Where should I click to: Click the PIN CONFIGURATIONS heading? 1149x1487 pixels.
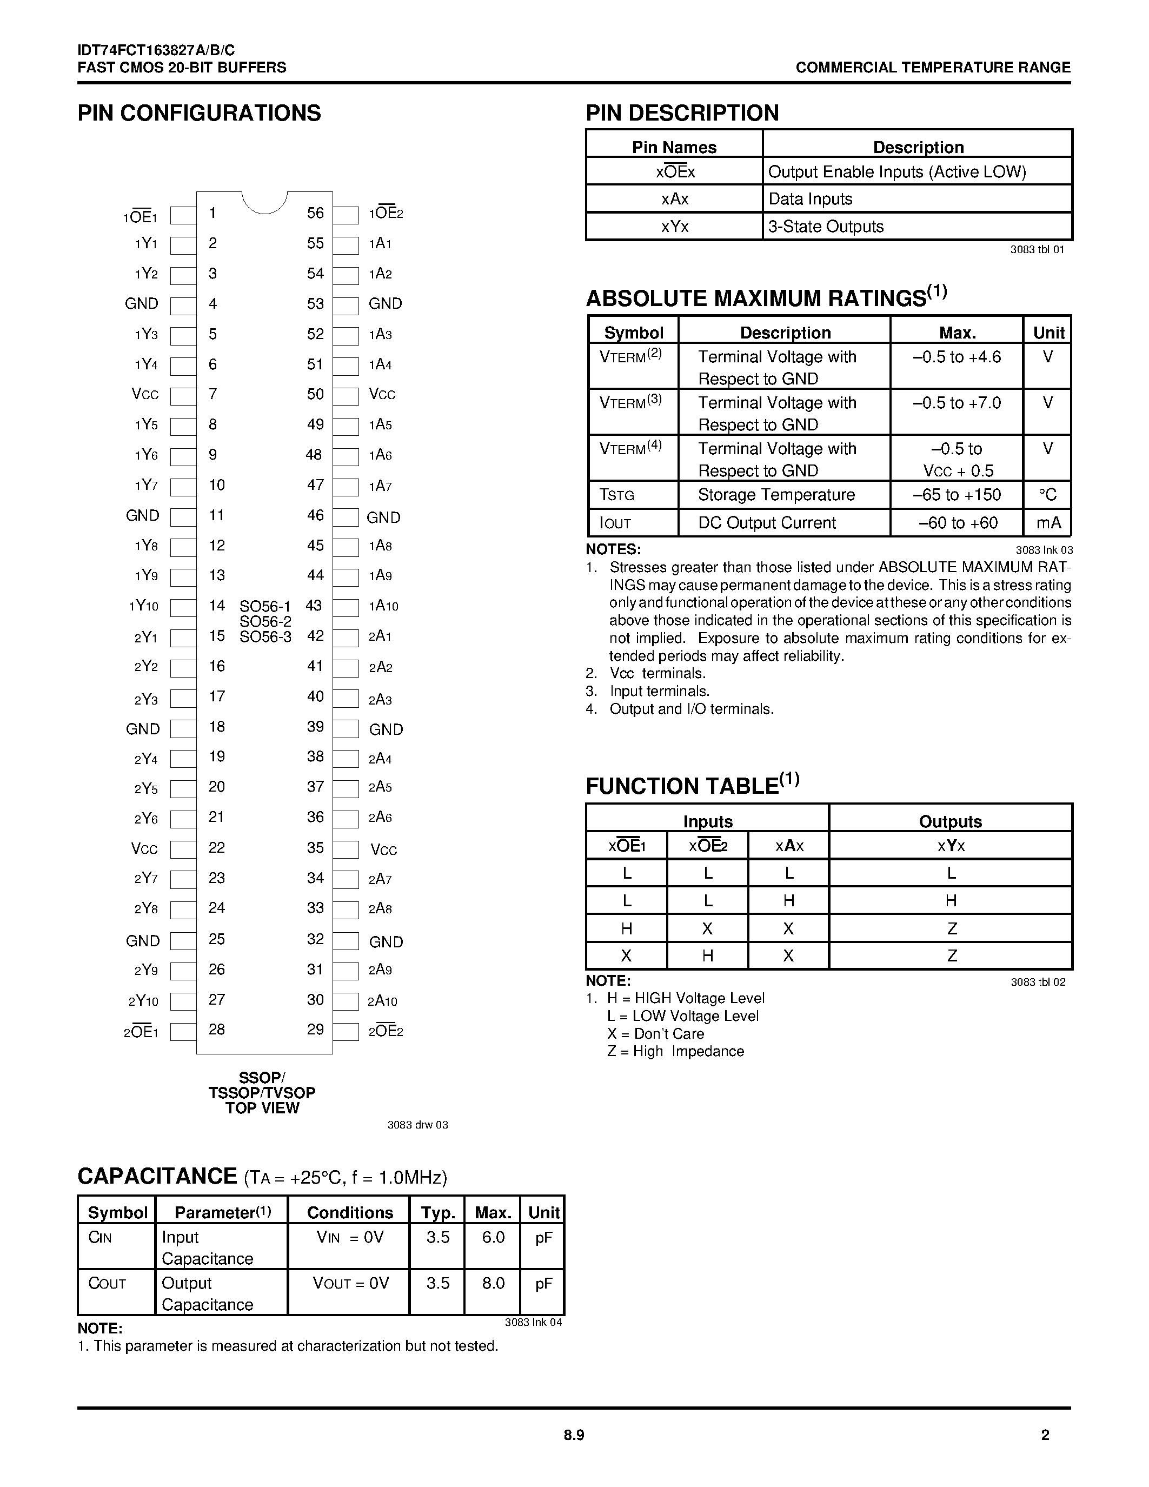[199, 113]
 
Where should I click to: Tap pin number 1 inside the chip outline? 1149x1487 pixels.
[213, 213]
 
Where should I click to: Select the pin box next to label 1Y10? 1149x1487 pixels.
[182, 607]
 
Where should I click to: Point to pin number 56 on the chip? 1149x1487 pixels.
[315, 213]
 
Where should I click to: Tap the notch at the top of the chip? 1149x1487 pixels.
[265, 202]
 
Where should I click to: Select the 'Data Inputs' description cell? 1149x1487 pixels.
[810, 199]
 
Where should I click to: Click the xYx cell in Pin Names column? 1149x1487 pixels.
[675, 227]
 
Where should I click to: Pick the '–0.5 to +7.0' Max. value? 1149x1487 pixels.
[957, 403]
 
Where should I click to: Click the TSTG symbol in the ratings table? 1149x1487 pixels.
[617, 495]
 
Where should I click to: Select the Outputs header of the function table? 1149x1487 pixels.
[950, 821]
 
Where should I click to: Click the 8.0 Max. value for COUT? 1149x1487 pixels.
[493, 1284]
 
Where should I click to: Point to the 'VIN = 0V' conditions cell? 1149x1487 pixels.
[350, 1237]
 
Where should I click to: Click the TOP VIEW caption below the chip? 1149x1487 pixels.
[263, 1108]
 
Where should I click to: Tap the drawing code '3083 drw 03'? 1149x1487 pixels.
[417, 1125]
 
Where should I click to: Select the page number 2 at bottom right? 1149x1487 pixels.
[1046, 1435]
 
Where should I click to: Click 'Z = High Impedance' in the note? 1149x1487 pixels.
[675, 1051]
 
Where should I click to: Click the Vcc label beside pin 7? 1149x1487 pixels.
[145, 394]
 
